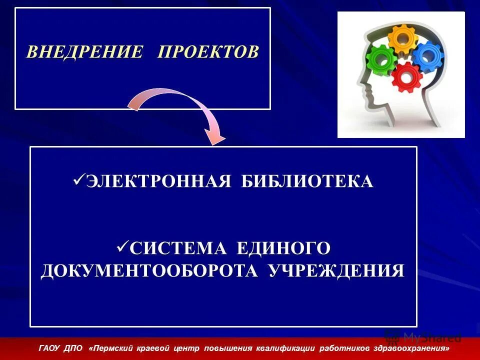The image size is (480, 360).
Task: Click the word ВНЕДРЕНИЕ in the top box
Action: (x=84, y=52)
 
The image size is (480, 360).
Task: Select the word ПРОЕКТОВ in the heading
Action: (x=208, y=52)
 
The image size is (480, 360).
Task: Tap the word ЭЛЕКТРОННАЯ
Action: (x=158, y=181)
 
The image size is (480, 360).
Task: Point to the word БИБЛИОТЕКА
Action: (x=307, y=181)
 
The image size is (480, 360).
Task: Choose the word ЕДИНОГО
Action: (x=283, y=247)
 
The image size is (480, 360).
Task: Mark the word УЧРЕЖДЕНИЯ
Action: (x=336, y=270)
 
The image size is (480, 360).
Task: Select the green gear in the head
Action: (x=381, y=61)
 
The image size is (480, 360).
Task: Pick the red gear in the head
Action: (x=405, y=77)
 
